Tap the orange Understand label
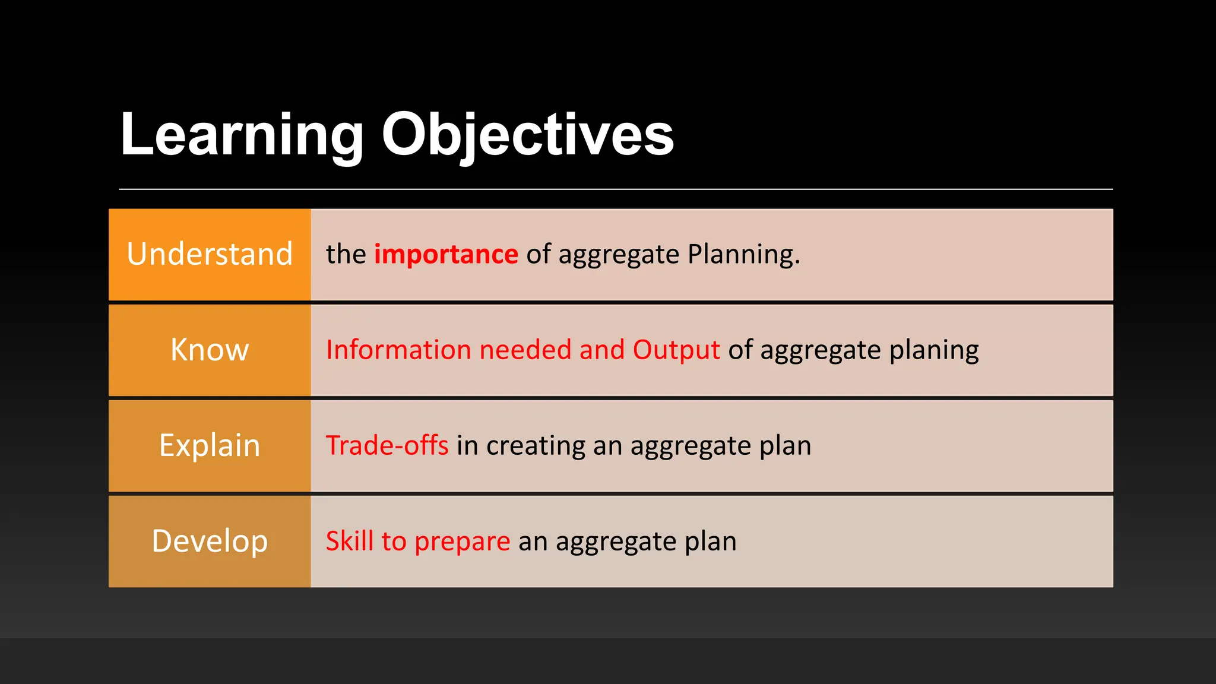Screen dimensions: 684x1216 (x=210, y=254)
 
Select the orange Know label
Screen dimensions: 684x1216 (x=210, y=350)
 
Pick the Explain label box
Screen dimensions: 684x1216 (x=210, y=445)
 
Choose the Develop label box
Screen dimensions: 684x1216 (x=210, y=541)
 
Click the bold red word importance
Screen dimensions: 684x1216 (x=446, y=254)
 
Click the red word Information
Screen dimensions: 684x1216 (x=398, y=350)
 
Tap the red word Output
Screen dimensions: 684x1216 (x=676, y=350)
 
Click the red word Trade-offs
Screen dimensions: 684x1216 (x=387, y=445)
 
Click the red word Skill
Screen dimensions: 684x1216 (x=350, y=541)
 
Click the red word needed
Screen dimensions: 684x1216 (x=525, y=350)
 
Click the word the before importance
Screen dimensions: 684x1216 (x=346, y=254)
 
